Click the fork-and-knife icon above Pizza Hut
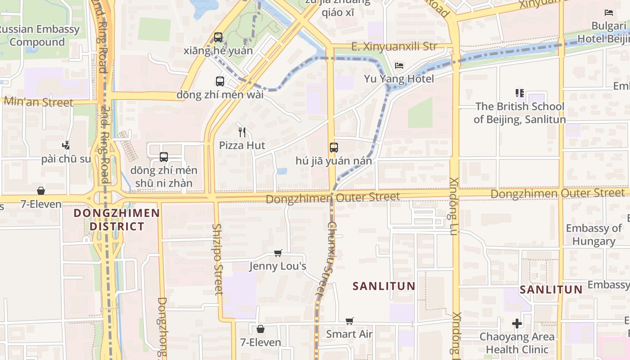[x=242, y=132]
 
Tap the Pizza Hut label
[x=242, y=145]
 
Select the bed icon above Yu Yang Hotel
[x=399, y=66]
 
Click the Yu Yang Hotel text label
[x=399, y=79]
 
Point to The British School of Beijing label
[x=520, y=113]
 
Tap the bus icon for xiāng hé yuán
[x=218, y=37]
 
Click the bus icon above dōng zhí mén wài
[x=220, y=81]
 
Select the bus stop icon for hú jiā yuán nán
[x=333, y=147]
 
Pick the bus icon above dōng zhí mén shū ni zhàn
[x=164, y=157]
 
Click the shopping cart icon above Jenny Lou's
[x=278, y=253]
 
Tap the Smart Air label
[x=349, y=334]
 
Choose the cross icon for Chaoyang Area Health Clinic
[x=517, y=324]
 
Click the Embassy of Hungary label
[x=594, y=234]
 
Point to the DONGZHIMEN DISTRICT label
[x=117, y=220]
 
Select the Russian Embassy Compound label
[x=38, y=36]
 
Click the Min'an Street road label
[x=38, y=102]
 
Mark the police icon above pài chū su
[x=66, y=145]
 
